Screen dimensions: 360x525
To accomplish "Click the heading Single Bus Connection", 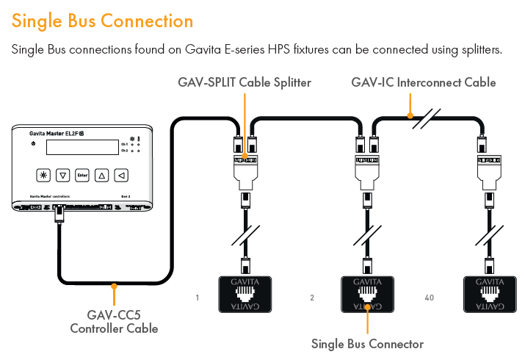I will (x=102, y=21).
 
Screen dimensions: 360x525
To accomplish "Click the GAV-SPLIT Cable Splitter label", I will (x=245, y=82).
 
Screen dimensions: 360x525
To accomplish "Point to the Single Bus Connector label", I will (x=367, y=343).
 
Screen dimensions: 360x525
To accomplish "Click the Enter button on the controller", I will (x=82, y=175).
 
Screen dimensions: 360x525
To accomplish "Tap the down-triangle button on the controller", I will (x=63, y=175).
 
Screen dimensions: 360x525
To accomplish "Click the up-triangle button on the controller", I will (x=102, y=175).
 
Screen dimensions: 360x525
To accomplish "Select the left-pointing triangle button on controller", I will (x=121, y=175).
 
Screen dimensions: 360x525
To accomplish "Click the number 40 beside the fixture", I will (x=430, y=298).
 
